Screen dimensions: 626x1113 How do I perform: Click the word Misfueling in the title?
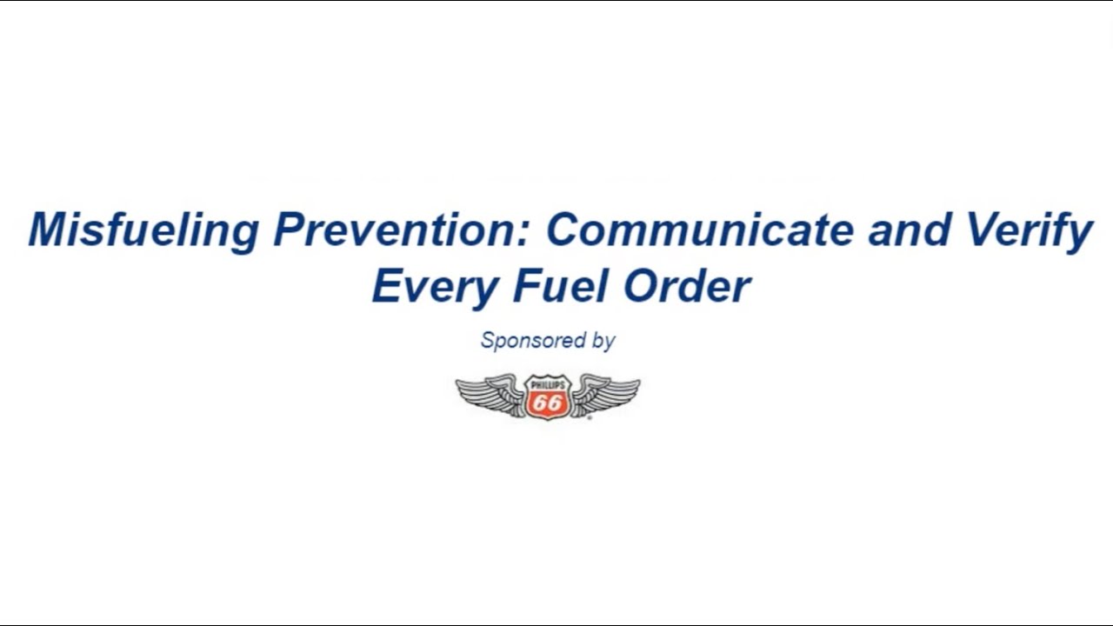pyautogui.click(x=143, y=230)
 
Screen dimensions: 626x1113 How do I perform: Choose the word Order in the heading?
pyautogui.click(x=688, y=287)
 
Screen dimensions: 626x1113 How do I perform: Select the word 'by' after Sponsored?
pyautogui.click(x=603, y=341)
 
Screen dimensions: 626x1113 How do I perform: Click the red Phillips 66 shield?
pyautogui.click(x=548, y=397)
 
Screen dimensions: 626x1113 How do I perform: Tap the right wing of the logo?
pyautogui.click(x=606, y=395)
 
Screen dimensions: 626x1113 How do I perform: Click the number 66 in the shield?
pyautogui.click(x=548, y=403)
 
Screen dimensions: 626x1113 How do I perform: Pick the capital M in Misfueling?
pyautogui.click(x=49, y=230)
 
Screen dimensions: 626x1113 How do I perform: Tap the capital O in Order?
pyautogui.click(x=642, y=287)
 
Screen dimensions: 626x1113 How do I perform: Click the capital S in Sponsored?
pyautogui.click(x=488, y=340)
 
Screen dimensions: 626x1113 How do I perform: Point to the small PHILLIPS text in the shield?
pyautogui.click(x=548, y=383)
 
